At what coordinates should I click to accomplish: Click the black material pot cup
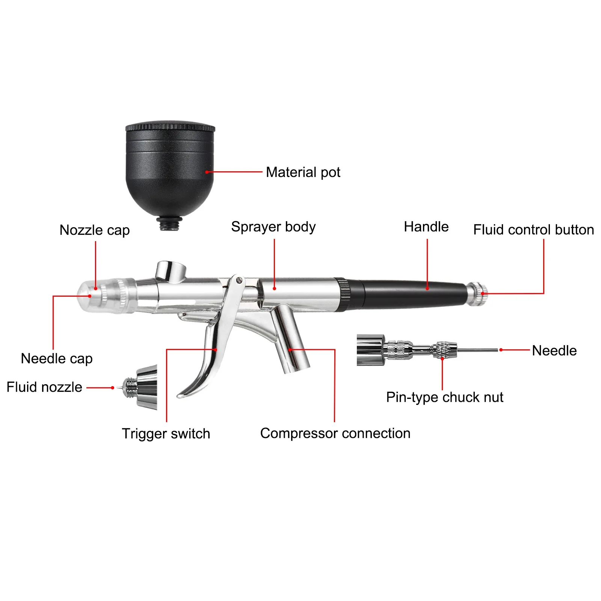tap(169, 169)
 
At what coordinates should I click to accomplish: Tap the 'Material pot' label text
tap(303, 172)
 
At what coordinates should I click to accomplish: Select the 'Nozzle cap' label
tap(95, 230)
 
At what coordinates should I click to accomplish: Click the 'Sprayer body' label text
tap(273, 227)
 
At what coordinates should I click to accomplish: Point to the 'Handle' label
tap(426, 227)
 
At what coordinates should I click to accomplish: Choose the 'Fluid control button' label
tap(533, 230)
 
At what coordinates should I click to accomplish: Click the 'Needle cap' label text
tap(57, 358)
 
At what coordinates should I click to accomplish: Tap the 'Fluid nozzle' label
tap(44, 387)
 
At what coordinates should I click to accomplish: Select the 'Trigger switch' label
tap(166, 433)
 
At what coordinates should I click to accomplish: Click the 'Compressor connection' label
tap(335, 433)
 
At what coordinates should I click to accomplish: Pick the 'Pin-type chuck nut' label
tap(444, 397)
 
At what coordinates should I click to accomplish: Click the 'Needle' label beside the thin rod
tap(554, 350)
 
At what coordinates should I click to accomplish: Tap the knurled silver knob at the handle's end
tap(477, 294)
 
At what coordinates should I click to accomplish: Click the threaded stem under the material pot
tap(169, 225)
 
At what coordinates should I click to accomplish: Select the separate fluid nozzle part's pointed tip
tap(119, 388)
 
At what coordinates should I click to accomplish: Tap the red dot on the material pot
tap(207, 172)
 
